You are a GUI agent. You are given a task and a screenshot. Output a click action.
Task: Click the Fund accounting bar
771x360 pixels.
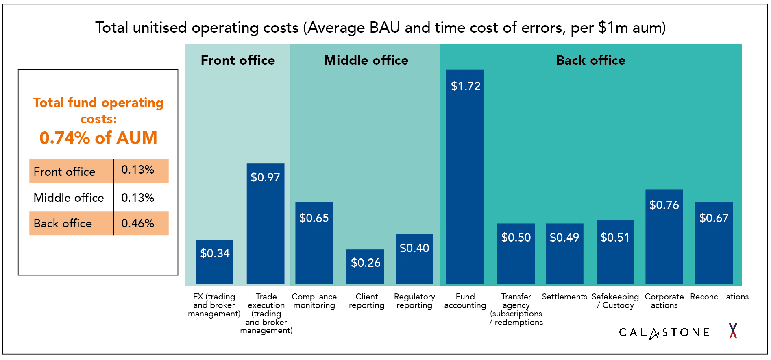(465, 183)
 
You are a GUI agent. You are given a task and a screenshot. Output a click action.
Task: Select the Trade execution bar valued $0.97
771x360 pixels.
(265, 228)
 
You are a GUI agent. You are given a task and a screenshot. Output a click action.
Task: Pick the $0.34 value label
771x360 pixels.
(215, 253)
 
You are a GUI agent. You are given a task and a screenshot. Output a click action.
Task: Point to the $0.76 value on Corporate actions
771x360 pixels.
(664, 205)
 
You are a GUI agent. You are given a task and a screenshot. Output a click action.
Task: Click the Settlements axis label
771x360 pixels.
(564, 297)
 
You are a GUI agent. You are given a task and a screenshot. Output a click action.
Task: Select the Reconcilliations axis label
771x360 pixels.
(719, 297)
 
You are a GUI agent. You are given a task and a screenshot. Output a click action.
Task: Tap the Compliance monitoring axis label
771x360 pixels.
(314, 301)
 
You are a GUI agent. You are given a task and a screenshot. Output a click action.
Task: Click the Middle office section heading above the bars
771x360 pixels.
(366, 60)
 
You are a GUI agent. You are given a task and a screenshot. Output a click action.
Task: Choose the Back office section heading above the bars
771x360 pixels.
(590, 60)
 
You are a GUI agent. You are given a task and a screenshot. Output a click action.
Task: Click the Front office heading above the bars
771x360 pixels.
(237, 60)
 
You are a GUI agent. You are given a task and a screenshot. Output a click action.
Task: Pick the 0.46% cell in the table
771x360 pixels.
(137, 223)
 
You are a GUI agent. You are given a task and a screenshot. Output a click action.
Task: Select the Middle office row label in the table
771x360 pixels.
(69, 198)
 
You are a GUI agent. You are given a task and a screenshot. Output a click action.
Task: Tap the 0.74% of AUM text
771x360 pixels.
(98, 138)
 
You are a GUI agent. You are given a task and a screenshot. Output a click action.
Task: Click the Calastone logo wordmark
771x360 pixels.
(664, 333)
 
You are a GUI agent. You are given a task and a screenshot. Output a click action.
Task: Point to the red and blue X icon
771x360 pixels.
(733, 331)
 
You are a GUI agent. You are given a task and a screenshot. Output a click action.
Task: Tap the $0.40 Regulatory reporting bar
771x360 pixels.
(414, 264)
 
